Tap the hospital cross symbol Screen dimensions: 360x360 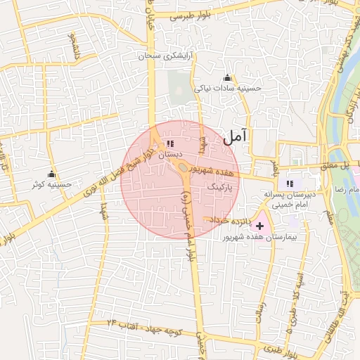click(x=260, y=226)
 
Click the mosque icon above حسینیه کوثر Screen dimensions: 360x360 click(x=51, y=174)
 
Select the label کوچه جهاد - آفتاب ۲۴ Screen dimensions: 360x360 click(x=141, y=325)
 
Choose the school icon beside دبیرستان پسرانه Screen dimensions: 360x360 click(x=290, y=184)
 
